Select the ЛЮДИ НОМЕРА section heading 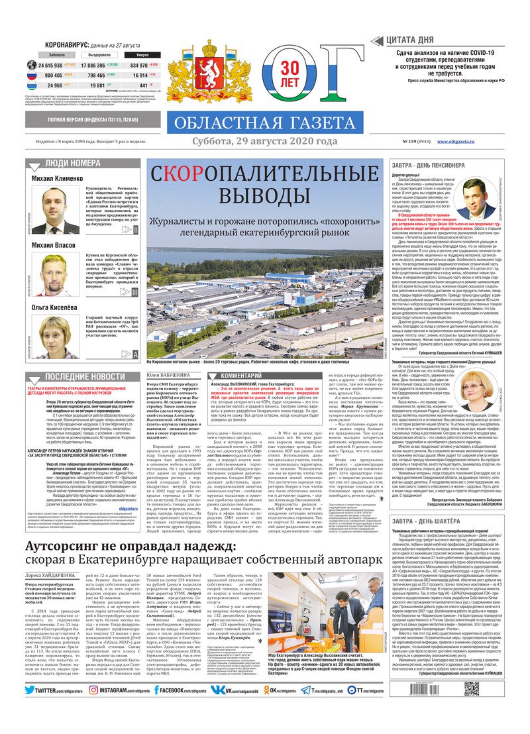tap(73, 163)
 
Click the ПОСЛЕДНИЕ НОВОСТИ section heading tap(75, 376)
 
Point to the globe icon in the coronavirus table tap(32, 65)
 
